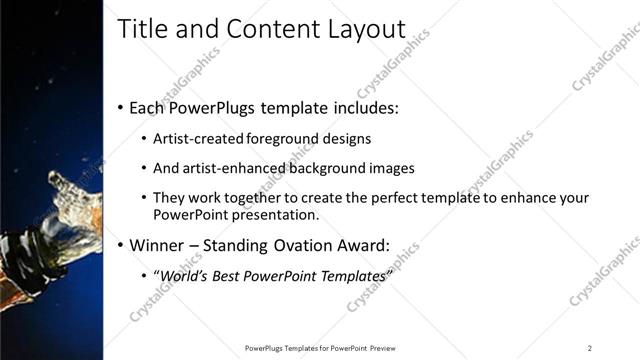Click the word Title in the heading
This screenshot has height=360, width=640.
[x=142, y=29]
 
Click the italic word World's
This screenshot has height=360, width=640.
[x=186, y=275]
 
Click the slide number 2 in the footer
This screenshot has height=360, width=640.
[x=589, y=348]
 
